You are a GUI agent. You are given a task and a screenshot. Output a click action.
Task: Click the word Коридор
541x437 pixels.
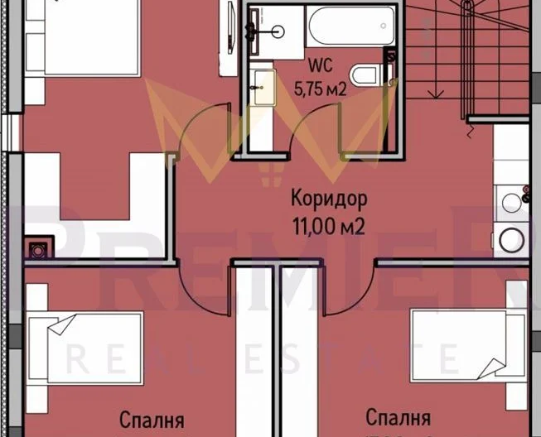329,199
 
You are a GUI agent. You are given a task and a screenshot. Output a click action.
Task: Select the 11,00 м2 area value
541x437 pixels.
329,225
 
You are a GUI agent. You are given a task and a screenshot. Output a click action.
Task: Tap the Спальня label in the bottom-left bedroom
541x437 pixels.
152,419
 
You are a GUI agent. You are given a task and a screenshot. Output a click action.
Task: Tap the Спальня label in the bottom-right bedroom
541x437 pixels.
399,417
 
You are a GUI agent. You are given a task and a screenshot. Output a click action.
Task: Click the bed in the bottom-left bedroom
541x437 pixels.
83,348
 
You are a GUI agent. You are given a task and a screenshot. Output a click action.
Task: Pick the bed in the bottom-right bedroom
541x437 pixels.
464,346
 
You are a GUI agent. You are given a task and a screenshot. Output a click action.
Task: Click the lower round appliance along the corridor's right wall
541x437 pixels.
511,241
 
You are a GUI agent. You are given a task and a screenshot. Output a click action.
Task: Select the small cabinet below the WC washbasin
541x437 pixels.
264,86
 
